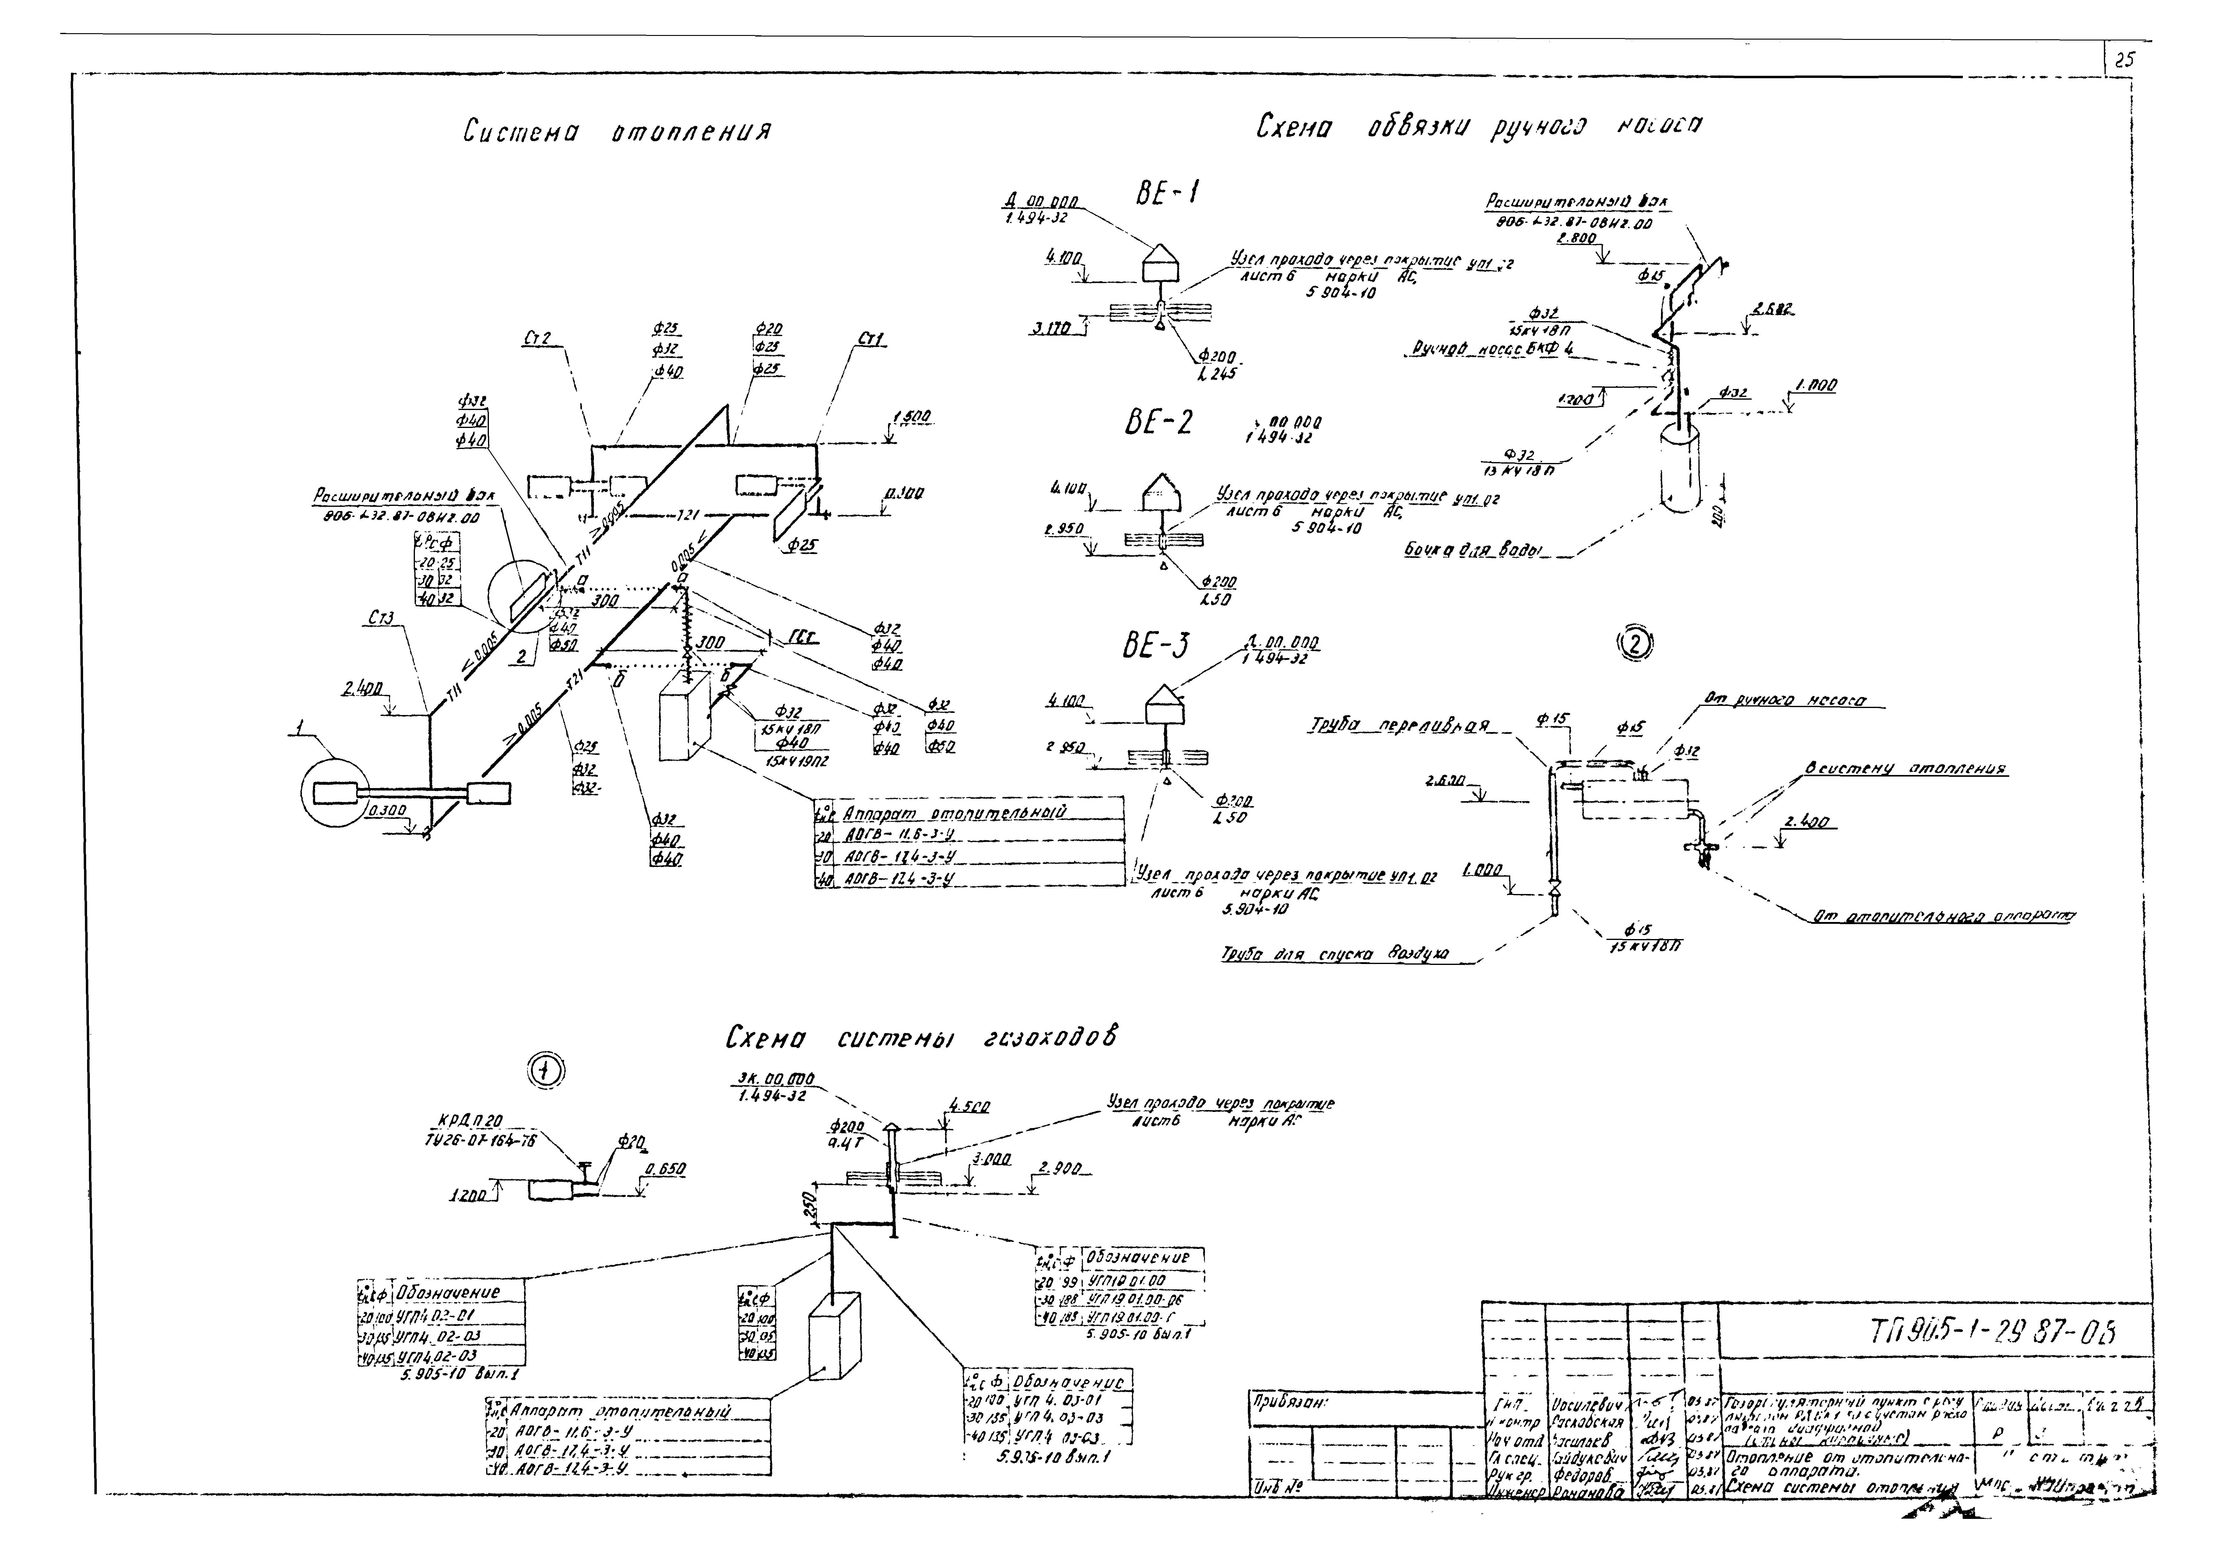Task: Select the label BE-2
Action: pos(1159,423)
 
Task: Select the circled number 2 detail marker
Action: pos(1636,643)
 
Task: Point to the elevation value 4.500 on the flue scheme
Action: pos(969,1106)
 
